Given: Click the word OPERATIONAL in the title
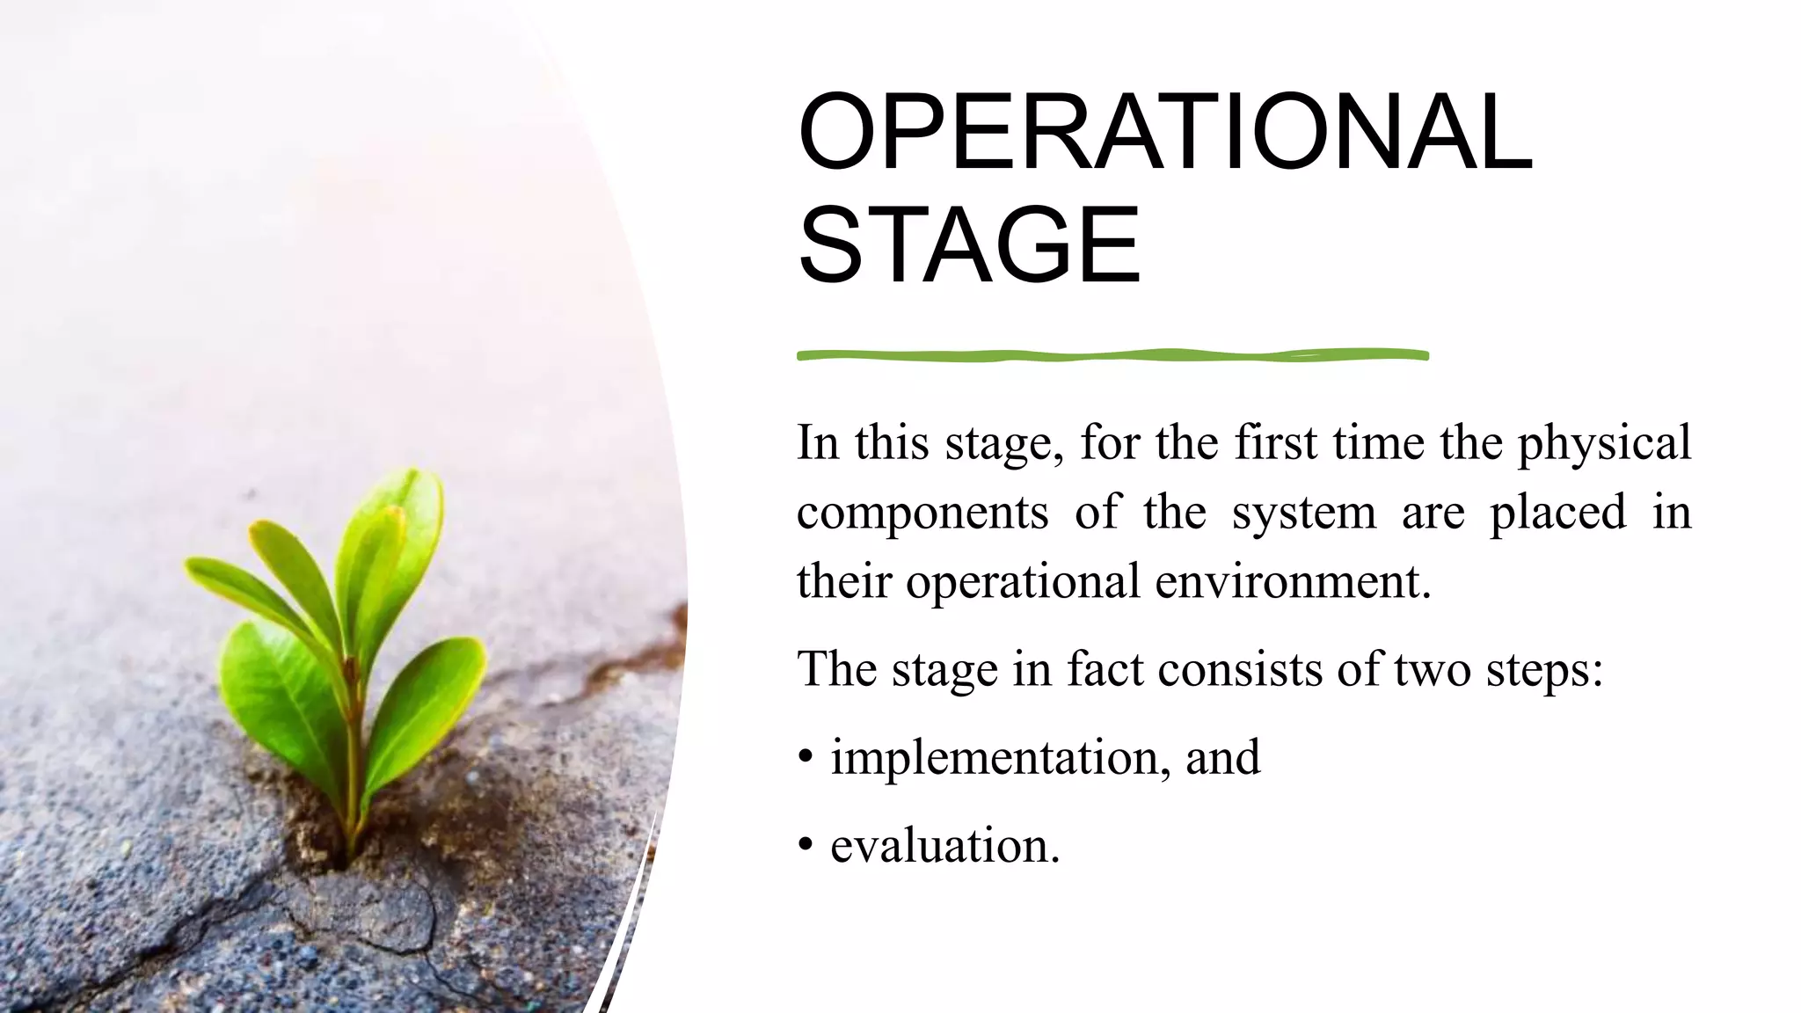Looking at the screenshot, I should pos(1165,133).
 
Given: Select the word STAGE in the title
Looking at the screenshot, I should pos(969,245).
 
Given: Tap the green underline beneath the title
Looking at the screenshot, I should pos(1112,355).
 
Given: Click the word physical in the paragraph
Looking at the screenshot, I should pos(1604,443).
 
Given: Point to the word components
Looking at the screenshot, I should pos(922,514).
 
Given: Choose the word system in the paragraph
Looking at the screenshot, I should pos(1303,514).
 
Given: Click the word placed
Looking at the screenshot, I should pos(1557,514).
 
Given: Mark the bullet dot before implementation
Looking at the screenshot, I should pos(806,758).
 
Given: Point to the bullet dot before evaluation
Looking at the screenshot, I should pos(806,846).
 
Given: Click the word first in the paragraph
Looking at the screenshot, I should pos(1275,442).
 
